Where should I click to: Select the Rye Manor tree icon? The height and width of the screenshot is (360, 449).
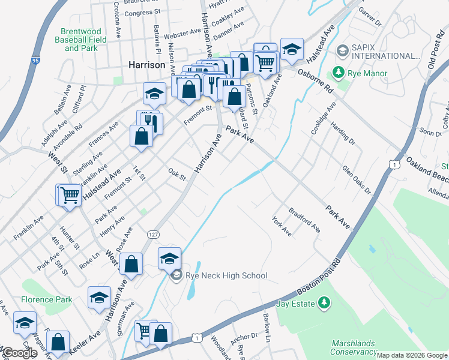click(339, 73)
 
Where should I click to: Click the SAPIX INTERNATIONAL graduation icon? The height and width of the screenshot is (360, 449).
click(342, 50)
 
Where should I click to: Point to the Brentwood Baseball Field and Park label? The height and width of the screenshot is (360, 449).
click(83, 40)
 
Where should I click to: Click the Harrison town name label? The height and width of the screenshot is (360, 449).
click(146, 65)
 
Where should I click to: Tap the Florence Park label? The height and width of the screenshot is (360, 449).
click(47, 299)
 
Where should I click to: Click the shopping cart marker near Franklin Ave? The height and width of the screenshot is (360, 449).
click(69, 194)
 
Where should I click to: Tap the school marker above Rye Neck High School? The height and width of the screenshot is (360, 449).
click(170, 258)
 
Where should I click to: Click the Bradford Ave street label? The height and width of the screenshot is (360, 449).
click(304, 220)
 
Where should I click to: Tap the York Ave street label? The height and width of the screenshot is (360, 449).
click(282, 226)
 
